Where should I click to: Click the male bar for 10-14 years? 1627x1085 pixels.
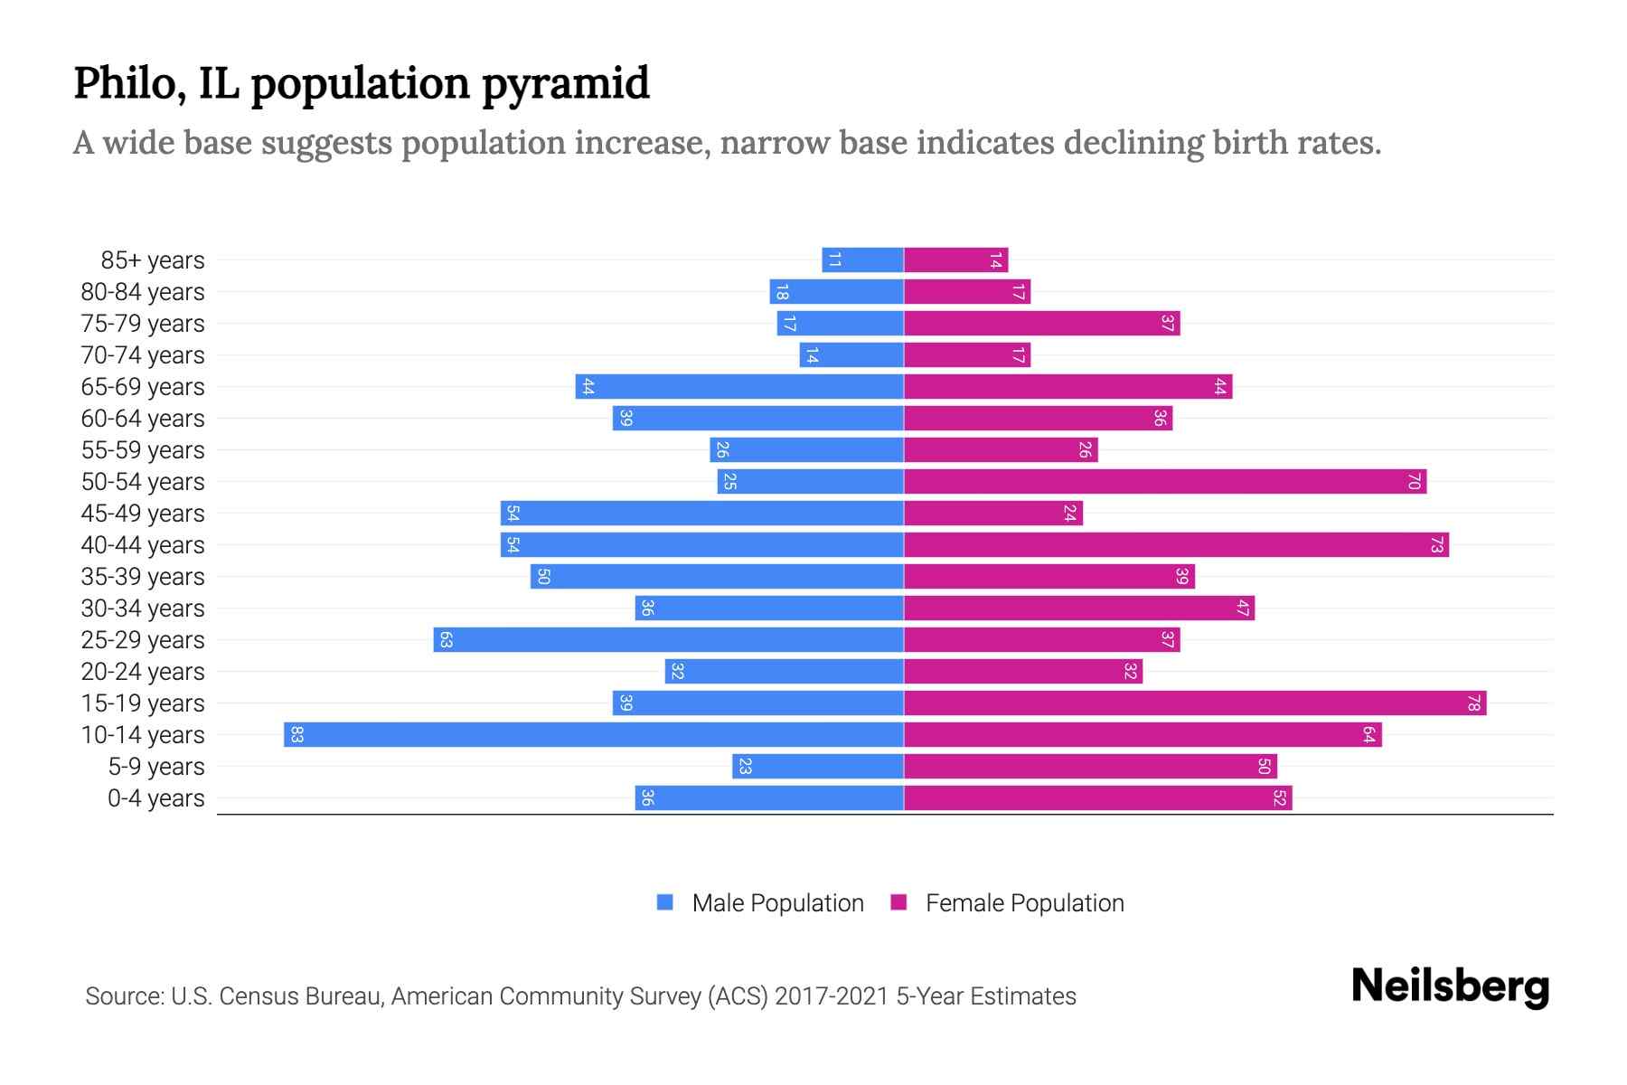point(594,734)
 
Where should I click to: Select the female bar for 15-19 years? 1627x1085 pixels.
point(1195,703)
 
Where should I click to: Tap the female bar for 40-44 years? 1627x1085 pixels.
point(1176,544)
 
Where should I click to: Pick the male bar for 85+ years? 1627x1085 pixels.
point(862,259)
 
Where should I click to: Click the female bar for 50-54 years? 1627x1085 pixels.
point(1165,481)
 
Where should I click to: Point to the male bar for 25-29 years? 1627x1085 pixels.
point(669,639)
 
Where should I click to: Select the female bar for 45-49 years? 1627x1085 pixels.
point(993,513)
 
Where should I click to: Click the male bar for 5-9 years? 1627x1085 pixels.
point(818,766)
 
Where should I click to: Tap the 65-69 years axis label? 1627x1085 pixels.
point(143,387)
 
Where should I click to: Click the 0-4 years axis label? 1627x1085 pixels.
point(155,798)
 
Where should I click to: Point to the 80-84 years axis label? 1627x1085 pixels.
point(143,292)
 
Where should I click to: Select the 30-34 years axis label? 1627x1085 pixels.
point(143,609)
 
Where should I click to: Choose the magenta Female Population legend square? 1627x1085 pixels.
point(898,902)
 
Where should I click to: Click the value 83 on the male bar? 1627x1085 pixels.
point(296,734)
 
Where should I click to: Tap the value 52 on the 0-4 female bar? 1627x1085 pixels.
point(1279,797)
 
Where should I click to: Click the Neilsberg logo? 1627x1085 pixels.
point(1450,986)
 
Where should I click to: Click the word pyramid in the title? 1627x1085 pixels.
point(565,83)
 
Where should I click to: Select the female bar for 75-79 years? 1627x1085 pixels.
point(1042,323)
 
